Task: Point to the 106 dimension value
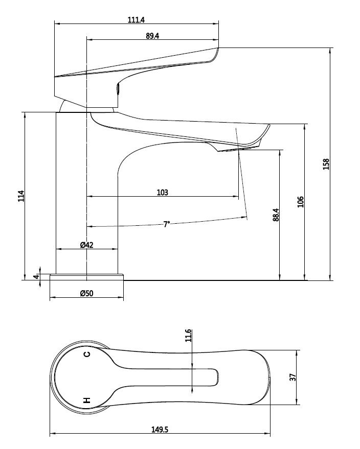click(x=301, y=201)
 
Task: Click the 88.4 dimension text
click(x=276, y=215)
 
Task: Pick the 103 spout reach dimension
click(x=162, y=193)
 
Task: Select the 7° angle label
click(x=166, y=224)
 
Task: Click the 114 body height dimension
click(x=21, y=196)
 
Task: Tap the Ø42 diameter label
click(x=86, y=245)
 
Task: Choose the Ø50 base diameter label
click(x=86, y=294)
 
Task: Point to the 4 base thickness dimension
click(x=36, y=277)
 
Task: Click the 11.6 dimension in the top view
click(x=188, y=336)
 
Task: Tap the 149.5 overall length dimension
click(x=159, y=430)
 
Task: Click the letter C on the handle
click(x=87, y=354)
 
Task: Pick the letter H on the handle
click(x=87, y=400)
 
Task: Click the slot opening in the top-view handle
click(x=207, y=377)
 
